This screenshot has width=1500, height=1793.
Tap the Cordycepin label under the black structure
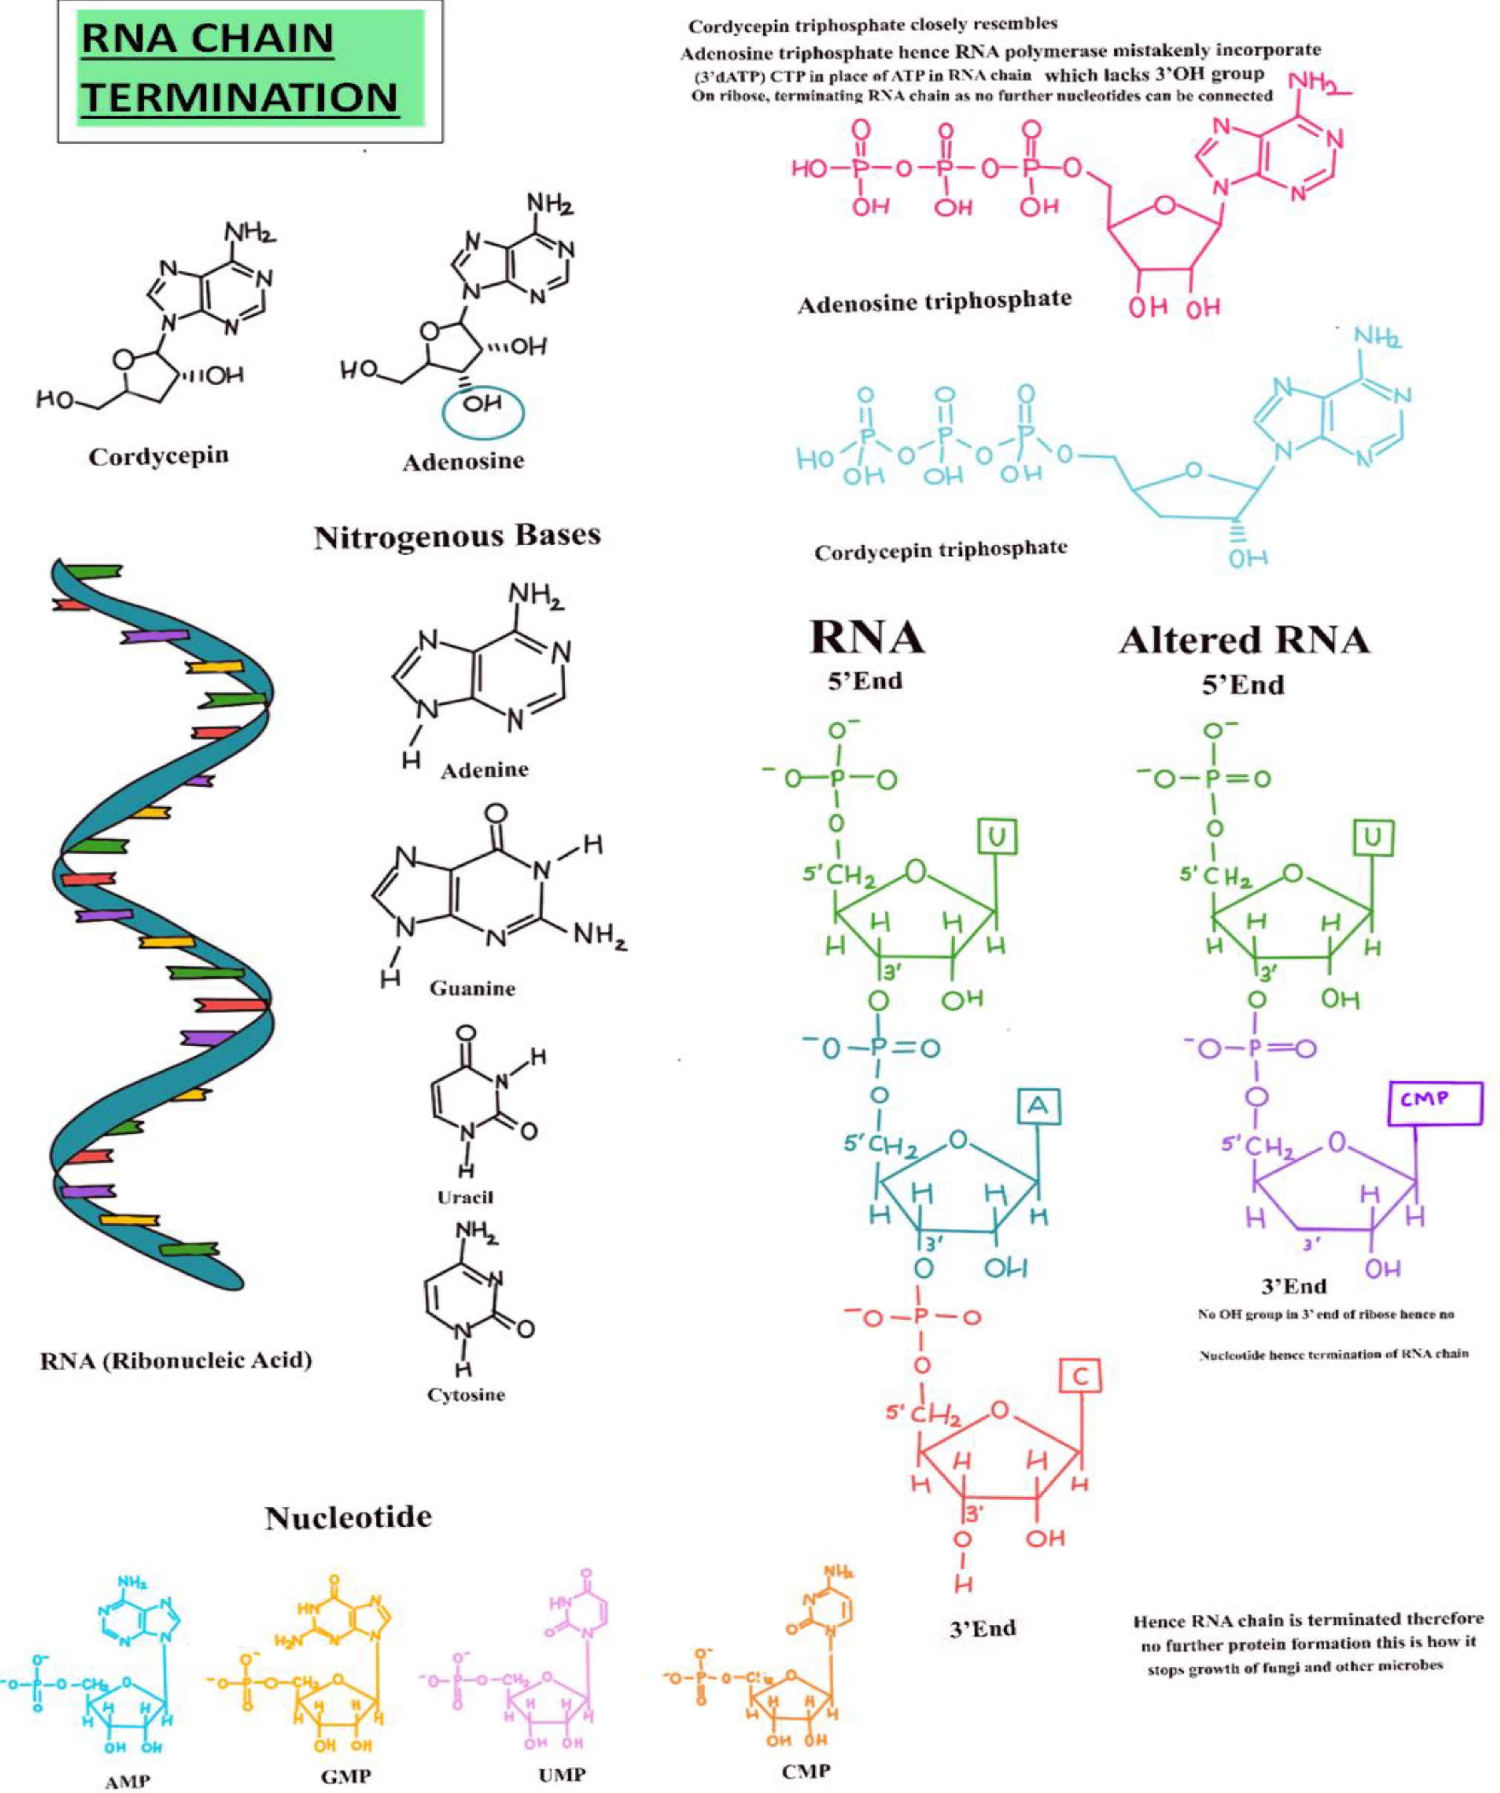(x=158, y=456)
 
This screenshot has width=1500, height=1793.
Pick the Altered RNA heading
(x=1244, y=641)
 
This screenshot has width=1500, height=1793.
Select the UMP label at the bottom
(x=562, y=1775)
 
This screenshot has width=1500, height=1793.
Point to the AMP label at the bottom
(x=127, y=1781)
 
